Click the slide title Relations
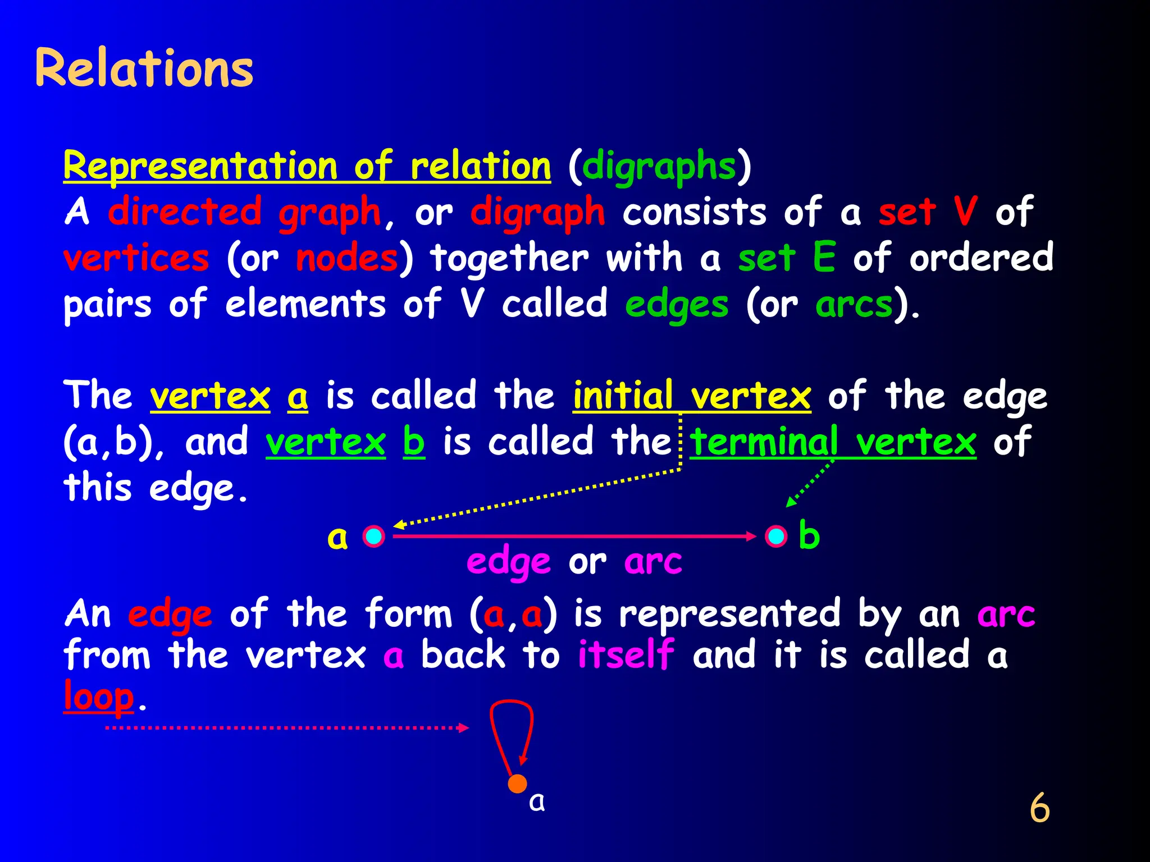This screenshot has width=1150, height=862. click(x=144, y=68)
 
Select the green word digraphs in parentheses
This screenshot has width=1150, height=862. click(x=659, y=167)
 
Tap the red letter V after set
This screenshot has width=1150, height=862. click(x=966, y=211)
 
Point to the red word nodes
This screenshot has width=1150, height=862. click(x=347, y=258)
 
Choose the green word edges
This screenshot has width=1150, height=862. click(x=677, y=305)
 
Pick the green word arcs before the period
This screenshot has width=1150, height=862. click(x=854, y=305)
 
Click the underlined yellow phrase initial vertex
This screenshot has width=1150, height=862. click(x=692, y=395)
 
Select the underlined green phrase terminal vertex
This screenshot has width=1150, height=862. click(x=833, y=442)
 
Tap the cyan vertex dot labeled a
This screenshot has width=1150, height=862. click(x=373, y=536)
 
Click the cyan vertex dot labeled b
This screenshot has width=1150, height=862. click(x=776, y=536)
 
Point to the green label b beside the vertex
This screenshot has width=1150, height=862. click(x=809, y=535)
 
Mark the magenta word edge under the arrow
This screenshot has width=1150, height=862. click(x=509, y=562)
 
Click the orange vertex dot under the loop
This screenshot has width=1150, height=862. click(x=517, y=783)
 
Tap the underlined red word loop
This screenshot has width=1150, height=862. click(x=99, y=696)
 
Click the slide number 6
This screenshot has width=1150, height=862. click(x=1039, y=808)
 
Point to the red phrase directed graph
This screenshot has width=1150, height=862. click(x=244, y=212)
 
